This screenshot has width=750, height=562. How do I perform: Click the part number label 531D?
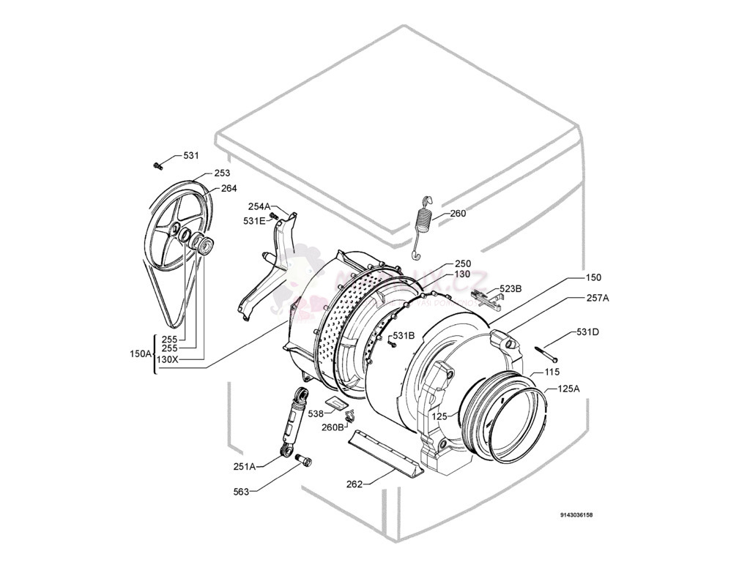[587, 332]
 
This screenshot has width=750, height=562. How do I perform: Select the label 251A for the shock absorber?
[244, 466]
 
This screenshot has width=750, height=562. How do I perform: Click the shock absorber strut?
[292, 420]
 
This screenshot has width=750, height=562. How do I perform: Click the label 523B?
[510, 289]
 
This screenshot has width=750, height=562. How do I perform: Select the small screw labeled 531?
[157, 165]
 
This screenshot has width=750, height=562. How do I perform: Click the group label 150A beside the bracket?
[141, 353]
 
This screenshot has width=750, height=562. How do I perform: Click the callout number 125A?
[568, 389]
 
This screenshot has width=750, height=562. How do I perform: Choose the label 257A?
[598, 298]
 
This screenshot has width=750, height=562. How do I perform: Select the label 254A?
[259, 206]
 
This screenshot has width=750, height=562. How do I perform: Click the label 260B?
[333, 427]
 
